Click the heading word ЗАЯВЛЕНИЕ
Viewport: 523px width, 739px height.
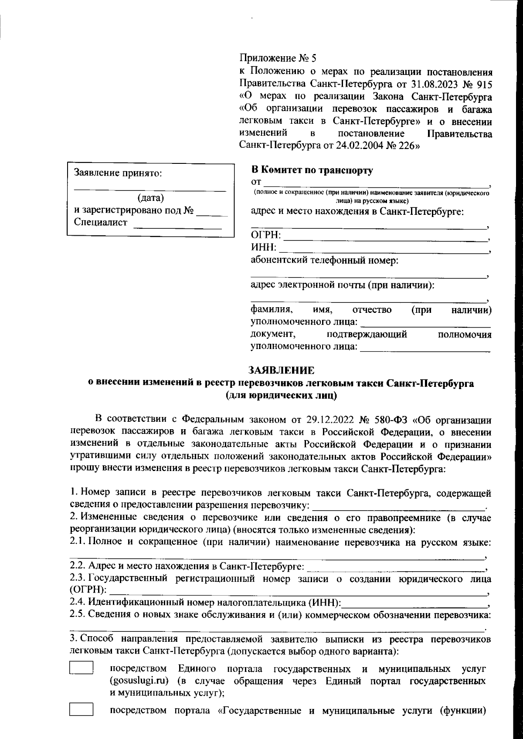point(281,370)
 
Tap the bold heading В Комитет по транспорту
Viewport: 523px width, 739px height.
point(312,170)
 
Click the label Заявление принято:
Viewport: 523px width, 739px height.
point(119,173)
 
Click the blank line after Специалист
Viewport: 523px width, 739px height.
point(177,224)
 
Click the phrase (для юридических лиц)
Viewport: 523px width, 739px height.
point(281,396)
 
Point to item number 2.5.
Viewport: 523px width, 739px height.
point(78,614)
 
